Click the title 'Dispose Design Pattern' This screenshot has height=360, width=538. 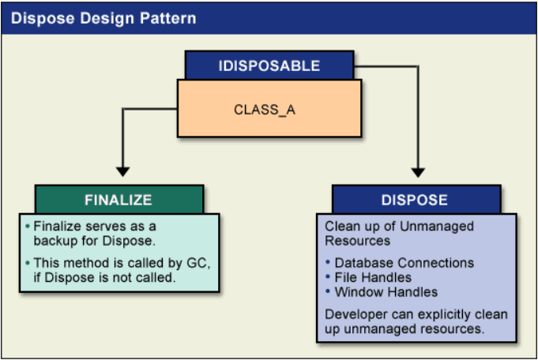tap(103, 18)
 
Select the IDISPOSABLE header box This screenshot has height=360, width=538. tap(269, 66)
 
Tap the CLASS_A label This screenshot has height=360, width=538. tap(265, 110)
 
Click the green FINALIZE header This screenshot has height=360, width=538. tap(119, 200)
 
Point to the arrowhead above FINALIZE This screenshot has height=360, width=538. tap(122, 171)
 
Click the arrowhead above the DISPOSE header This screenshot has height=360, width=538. tap(418, 172)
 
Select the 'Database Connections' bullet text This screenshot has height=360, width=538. tap(404, 263)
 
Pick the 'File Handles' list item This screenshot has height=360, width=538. tap(373, 277)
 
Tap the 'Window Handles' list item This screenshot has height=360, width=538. tap(386, 292)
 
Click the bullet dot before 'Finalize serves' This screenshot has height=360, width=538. tap(28, 227)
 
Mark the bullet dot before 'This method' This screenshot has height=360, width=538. tap(28, 263)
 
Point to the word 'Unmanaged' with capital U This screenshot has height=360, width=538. tap(437, 227)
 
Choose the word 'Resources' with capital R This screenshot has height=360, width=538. tap(358, 241)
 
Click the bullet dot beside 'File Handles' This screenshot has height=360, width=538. tap(328, 276)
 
